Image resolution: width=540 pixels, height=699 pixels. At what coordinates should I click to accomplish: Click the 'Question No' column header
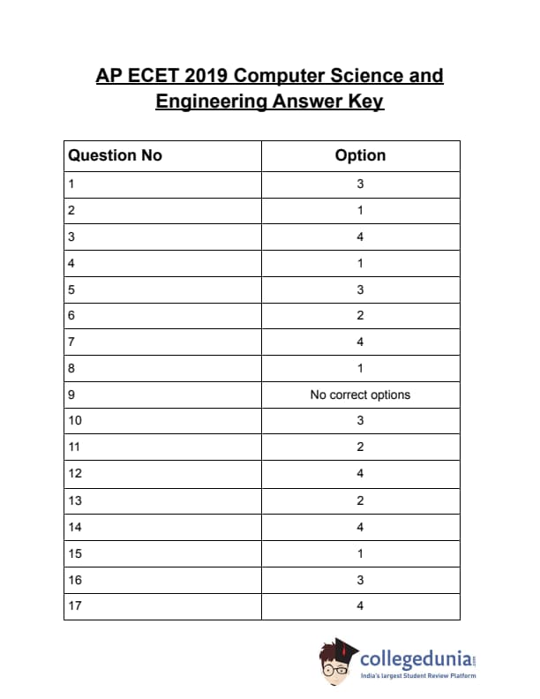tap(116, 156)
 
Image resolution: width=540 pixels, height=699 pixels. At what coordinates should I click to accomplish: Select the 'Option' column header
tap(360, 156)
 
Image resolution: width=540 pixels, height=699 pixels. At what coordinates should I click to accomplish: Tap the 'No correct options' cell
tap(360, 395)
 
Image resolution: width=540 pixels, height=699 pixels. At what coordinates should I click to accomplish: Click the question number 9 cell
tap(71, 395)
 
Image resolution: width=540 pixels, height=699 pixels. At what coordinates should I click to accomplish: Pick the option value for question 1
tap(360, 184)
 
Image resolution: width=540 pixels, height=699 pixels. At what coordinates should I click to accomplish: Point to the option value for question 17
tap(360, 605)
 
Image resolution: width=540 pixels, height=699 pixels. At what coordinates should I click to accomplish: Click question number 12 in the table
tap(74, 474)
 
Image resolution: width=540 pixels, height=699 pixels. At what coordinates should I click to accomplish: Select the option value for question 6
tap(360, 316)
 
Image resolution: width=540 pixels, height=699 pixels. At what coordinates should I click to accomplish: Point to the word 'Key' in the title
tap(365, 101)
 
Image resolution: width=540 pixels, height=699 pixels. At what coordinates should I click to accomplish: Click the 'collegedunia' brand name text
tap(415, 658)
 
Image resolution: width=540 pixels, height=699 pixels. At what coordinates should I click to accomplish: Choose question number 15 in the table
tap(74, 553)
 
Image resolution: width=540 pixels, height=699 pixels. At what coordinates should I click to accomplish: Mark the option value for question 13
tap(360, 500)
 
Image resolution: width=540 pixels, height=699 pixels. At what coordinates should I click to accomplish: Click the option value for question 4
tap(360, 263)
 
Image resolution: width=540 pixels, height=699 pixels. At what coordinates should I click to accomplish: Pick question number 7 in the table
tap(71, 342)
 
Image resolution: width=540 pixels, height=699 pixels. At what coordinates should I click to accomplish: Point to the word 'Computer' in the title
tap(280, 76)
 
